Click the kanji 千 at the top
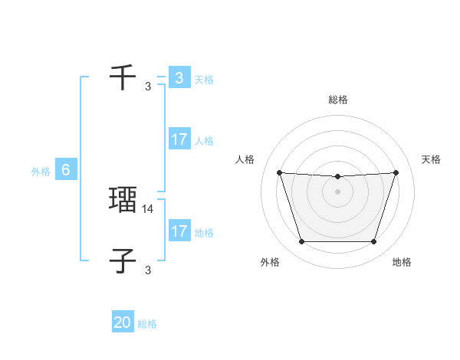123,77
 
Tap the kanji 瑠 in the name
123,200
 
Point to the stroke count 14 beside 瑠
148,208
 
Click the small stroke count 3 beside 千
148,86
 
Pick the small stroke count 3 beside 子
148,269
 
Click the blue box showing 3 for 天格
179,78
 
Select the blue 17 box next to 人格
179,139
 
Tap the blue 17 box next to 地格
179,231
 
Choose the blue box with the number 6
66,170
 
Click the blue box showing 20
123,322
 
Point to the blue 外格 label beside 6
41,172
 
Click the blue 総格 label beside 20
147,324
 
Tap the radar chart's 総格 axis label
338,100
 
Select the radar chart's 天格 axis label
431,159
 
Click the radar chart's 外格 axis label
270,263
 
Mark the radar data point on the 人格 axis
279,172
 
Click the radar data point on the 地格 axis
373,242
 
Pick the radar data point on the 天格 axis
396,172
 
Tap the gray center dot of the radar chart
337,191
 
